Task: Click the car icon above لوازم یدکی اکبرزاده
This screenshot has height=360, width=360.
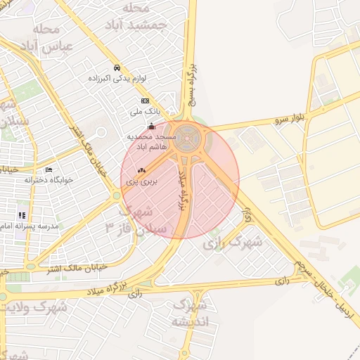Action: point(116,68)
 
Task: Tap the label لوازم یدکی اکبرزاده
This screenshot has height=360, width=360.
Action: point(117,78)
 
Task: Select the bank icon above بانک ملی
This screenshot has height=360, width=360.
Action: point(146,101)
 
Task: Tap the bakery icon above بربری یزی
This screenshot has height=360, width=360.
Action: point(141,170)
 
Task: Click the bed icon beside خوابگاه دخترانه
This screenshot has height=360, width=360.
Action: point(49,169)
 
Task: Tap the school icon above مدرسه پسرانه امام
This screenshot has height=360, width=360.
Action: point(22,215)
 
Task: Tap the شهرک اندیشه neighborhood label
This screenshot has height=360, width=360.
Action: point(189,314)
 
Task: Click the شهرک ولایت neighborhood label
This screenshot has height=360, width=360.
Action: point(34,307)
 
